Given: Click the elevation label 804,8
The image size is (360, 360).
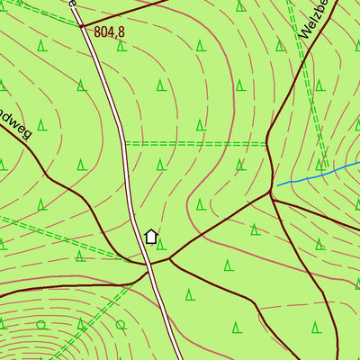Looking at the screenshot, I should coord(109,31).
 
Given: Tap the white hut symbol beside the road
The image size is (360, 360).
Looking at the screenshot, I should coord(151,237).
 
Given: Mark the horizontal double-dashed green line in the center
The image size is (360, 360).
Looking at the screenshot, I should coord(198,143).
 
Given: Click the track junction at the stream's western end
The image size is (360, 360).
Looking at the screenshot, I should coord(271,192).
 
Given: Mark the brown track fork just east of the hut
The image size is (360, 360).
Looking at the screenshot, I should coord(169,259).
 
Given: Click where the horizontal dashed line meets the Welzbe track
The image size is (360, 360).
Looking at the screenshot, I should coord(268,143).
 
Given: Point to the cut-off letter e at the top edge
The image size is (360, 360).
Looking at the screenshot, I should coord(72,4).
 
